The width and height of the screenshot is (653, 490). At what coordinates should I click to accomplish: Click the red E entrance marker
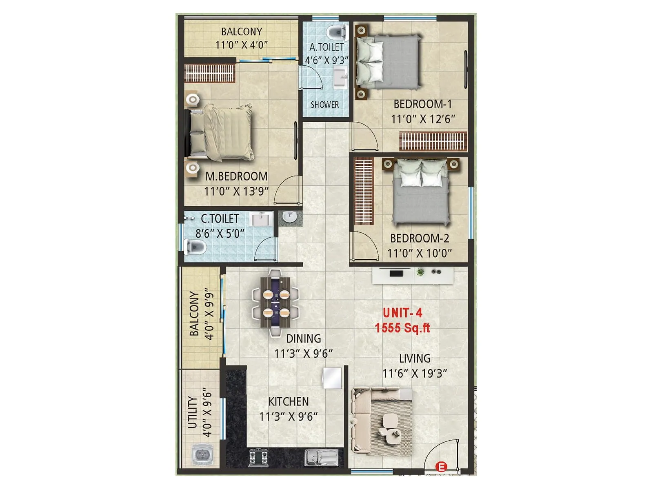point(441,466)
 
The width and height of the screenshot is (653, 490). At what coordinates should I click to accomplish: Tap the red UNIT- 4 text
point(402,313)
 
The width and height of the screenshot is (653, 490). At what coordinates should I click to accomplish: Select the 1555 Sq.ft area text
point(402,327)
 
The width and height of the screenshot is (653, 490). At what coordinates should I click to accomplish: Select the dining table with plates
point(275,302)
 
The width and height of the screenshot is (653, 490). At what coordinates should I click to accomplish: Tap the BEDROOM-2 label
point(420,238)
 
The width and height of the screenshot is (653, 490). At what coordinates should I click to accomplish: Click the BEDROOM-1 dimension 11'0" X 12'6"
point(423,119)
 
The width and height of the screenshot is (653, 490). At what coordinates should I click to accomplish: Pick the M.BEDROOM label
point(236,176)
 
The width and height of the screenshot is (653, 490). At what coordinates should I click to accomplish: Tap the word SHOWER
point(325,105)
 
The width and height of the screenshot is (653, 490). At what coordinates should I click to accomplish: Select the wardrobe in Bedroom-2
point(364,191)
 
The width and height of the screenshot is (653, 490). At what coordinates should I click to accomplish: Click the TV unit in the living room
point(413,275)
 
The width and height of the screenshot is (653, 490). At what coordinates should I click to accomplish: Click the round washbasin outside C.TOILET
point(290,217)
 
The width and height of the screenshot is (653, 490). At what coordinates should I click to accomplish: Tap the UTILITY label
point(192,412)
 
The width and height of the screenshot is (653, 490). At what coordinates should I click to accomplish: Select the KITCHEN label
point(289,401)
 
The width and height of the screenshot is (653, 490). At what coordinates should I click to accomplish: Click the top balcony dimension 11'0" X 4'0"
point(242,45)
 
